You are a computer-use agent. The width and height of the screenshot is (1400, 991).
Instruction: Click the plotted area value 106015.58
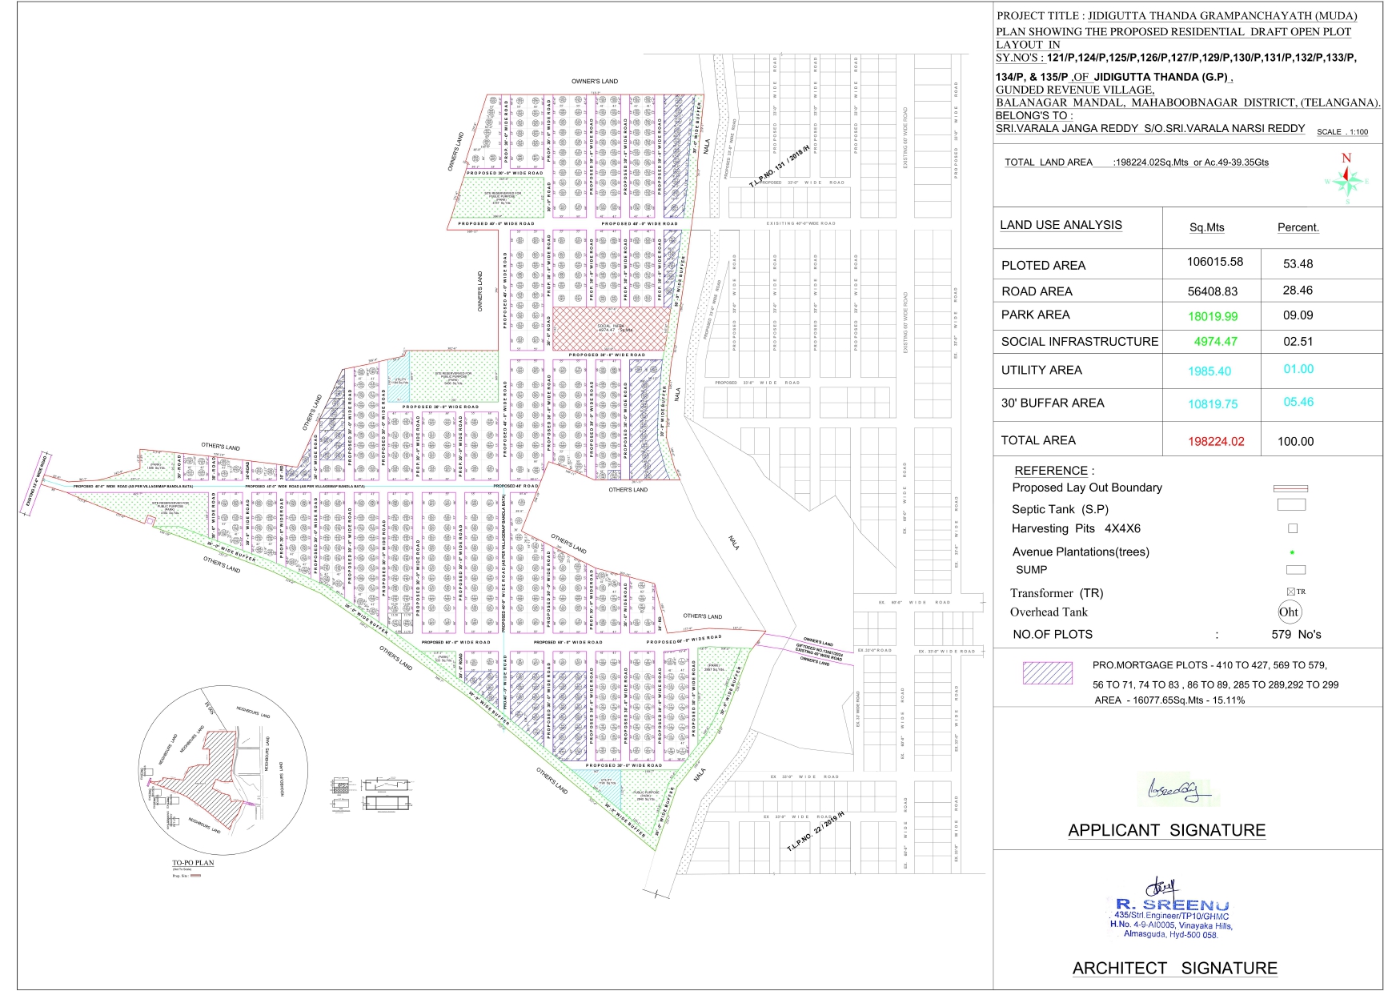pyautogui.click(x=1214, y=262)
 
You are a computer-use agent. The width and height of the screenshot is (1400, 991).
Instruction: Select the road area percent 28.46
pyautogui.click(x=1298, y=291)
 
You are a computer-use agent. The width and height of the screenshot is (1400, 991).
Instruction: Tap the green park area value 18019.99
pyautogui.click(x=1213, y=316)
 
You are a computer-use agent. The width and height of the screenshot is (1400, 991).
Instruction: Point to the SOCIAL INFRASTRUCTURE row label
pyautogui.click(x=1079, y=342)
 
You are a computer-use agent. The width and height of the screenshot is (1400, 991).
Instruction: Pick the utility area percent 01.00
pyautogui.click(x=1298, y=369)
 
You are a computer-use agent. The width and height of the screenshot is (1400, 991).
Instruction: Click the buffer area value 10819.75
pyautogui.click(x=1213, y=404)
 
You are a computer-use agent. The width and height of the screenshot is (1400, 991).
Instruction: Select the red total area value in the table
pyautogui.click(x=1216, y=441)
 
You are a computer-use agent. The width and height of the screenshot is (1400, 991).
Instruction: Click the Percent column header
pyautogui.click(x=1298, y=227)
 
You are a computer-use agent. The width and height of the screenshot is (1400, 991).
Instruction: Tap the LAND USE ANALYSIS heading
pyautogui.click(x=1061, y=225)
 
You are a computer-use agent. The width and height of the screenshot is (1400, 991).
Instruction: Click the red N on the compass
pyautogui.click(x=1346, y=158)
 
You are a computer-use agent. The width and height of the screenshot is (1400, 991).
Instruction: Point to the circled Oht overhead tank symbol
pyautogui.click(x=1289, y=612)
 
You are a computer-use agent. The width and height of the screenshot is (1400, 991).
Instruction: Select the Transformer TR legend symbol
pyautogui.click(x=1292, y=592)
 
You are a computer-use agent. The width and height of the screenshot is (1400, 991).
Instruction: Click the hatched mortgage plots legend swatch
pyautogui.click(x=1047, y=673)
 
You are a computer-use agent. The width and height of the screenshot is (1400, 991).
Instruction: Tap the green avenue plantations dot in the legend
pyautogui.click(x=1292, y=552)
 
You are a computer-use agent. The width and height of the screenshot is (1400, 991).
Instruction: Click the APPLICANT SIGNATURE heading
pyautogui.click(x=1166, y=830)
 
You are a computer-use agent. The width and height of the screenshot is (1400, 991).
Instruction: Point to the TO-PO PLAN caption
pyautogui.click(x=193, y=863)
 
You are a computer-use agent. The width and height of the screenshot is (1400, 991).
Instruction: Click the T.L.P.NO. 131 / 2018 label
pyautogui.click(x=779, y=166)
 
